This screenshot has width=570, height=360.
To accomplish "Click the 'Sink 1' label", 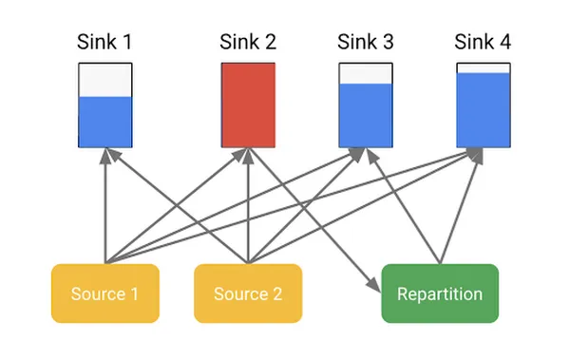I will point(104,42).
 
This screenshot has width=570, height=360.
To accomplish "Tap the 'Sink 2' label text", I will point(248,42).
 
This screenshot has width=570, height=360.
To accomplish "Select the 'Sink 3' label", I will point(366,42).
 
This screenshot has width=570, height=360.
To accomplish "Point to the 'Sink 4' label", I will point(484,42).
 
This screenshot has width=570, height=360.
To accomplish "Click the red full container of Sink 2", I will point(248,104).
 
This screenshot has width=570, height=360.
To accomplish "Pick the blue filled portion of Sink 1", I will point(104,122).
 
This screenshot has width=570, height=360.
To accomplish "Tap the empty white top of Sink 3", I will point(366,74).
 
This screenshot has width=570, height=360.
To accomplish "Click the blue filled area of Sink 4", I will point(484,109).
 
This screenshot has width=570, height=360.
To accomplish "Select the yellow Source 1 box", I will point(104,294).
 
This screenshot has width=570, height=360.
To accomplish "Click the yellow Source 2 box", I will point(248,294).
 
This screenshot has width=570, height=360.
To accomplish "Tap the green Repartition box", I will point(440,294).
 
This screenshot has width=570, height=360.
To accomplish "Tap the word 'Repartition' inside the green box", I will point(440,294).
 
